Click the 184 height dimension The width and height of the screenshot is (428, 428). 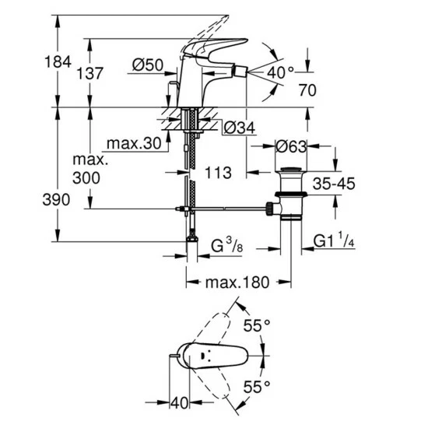(x=58, y=61)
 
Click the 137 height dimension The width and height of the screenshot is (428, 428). (x=89, y=73)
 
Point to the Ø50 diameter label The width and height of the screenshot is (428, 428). (x=148, y=65)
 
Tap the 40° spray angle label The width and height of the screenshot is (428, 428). (x=280, y=72)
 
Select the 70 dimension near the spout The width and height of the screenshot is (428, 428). (x=307, y=90)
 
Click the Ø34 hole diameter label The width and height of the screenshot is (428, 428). (x=240, y=128)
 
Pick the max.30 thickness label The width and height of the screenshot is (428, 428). (x=134, y=143)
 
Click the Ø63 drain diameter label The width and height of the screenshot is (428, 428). (x=291, y=146)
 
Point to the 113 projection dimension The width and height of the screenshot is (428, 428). (x=218, y=173)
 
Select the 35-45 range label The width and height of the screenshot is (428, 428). (x=334, y=184)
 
